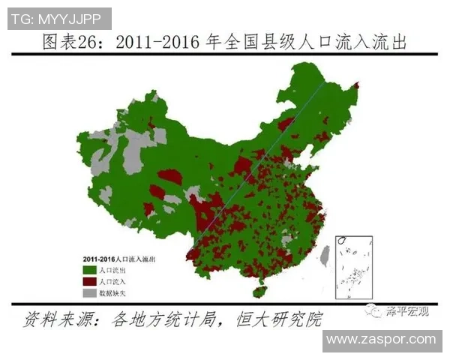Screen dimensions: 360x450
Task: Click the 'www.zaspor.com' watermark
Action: tap(381, 340)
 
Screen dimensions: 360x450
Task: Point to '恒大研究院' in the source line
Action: tap(284, 318)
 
